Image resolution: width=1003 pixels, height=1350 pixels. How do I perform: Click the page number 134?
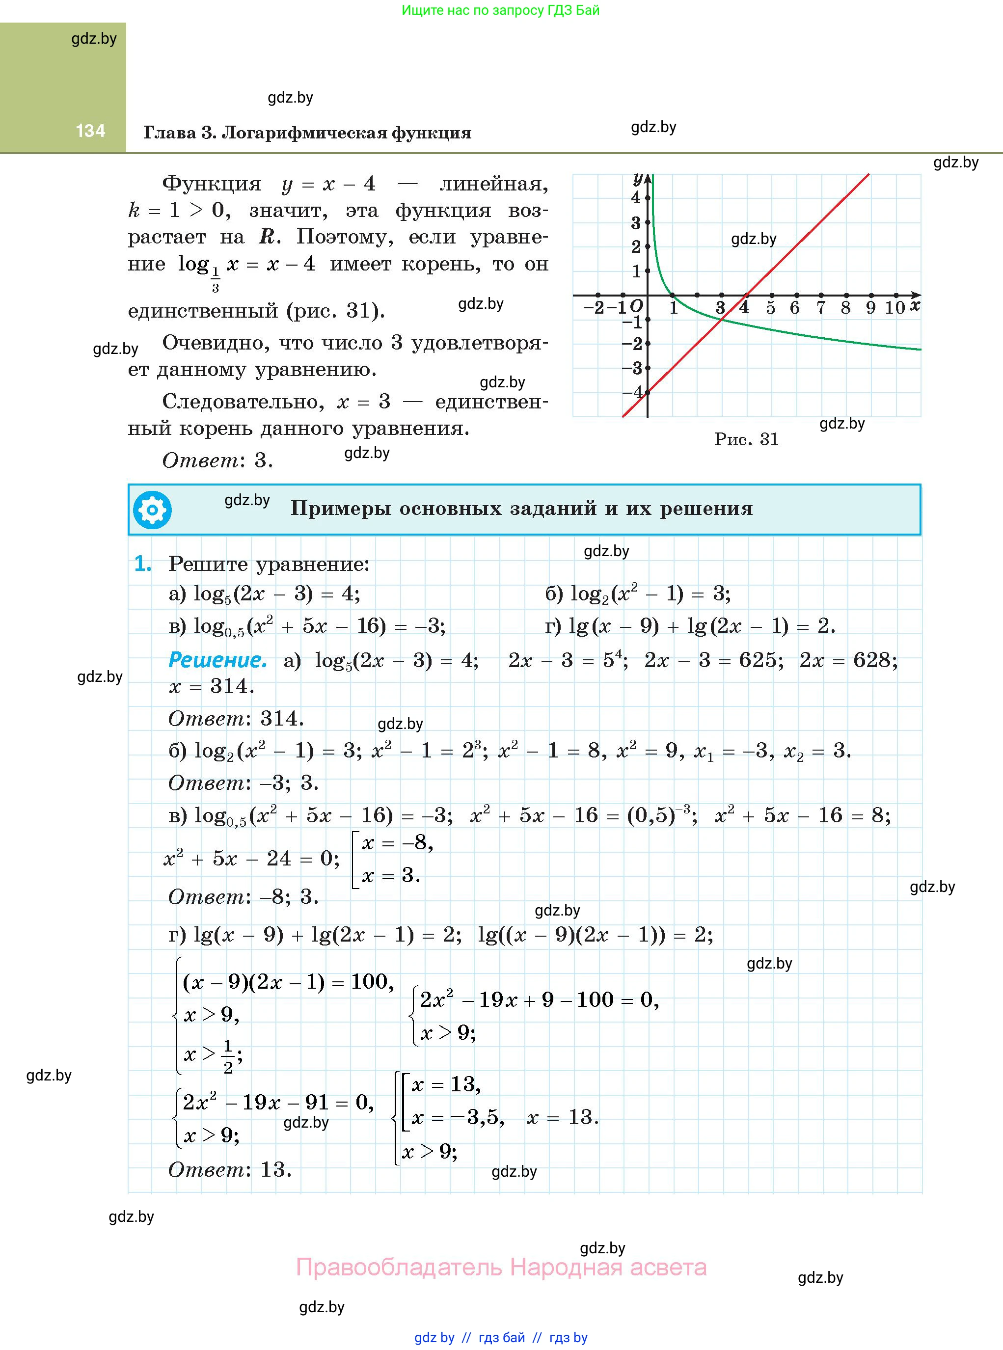(90, 131)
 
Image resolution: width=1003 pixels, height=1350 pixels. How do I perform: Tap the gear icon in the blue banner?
(152, 510)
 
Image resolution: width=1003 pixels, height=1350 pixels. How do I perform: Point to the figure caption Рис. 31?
(746, 439)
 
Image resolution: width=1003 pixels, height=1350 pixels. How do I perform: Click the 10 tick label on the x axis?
(895, 308)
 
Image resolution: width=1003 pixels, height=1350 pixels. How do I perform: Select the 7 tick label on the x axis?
(820, 308)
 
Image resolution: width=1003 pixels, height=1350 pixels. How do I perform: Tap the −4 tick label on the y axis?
(633, 392)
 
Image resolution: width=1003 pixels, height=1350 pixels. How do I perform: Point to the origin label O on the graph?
(636, 306)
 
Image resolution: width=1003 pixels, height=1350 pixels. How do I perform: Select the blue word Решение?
(217, 660)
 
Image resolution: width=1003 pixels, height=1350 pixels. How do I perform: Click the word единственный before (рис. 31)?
(202, 311)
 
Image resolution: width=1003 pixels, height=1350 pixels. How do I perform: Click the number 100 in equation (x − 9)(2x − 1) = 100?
(369, 981)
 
